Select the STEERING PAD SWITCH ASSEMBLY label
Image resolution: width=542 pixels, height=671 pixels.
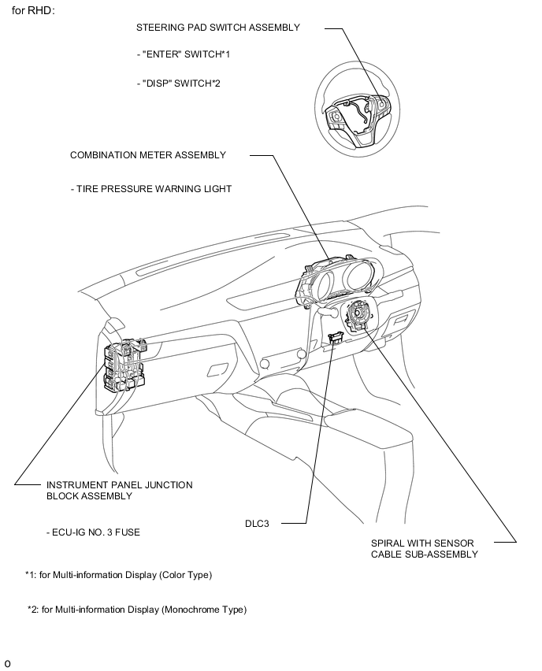[218, 28]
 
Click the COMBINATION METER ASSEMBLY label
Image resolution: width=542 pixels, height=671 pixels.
[148, 155]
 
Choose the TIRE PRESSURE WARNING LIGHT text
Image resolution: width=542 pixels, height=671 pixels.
[151, 189]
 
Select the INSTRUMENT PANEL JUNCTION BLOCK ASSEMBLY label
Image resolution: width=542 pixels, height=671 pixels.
[119, 491]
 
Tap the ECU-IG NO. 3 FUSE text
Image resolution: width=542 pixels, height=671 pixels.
[93, 532]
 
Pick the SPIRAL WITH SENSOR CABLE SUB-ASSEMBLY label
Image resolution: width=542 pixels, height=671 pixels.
[424, 548]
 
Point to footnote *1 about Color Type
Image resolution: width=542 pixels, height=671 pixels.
[119, 575]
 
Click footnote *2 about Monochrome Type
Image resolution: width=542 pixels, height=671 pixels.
[137, 610]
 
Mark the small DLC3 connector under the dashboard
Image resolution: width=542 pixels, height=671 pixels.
[334, 339]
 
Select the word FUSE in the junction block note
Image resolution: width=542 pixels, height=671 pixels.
[127, 532]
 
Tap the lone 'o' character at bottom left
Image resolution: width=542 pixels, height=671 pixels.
[7, 663]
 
